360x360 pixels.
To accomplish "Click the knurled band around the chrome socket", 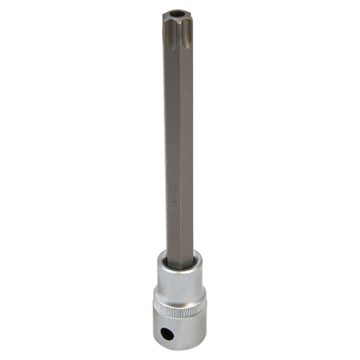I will click(x=180, y=305).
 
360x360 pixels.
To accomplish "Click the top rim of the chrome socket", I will click(x=180, y=255).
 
